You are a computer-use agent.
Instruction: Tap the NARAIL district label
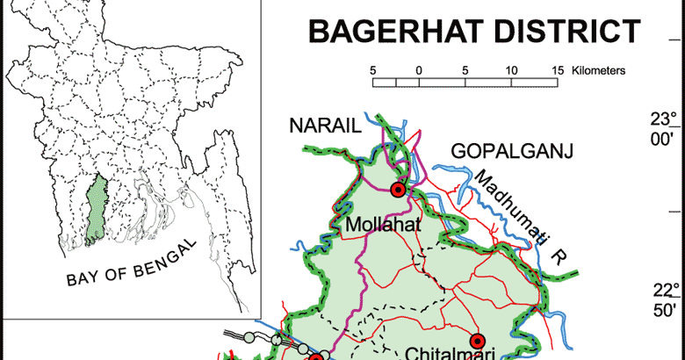coord(325,127)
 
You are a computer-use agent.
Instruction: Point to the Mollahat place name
coord(384,227)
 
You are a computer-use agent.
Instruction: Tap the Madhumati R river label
coord(514,211)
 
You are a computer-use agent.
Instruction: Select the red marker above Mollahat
coord(398,189)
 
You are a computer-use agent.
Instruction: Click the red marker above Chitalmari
coord(478,341)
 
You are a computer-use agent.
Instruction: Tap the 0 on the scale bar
coord(419,69)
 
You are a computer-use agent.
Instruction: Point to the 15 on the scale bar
coord(557,69)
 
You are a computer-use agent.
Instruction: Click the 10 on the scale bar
coord(510,69)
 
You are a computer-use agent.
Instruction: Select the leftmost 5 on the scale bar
coord(373,69)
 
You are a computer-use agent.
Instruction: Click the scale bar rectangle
coord(465,83)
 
